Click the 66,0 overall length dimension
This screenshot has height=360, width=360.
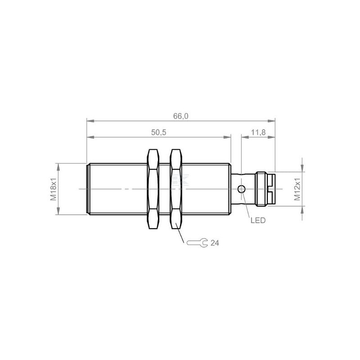tap(181, 116)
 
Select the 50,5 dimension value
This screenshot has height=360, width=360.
tap(159, 132)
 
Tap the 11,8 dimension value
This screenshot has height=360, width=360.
tap(258, 132)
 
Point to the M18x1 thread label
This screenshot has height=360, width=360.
tap(54, 189)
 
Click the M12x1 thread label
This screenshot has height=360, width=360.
tap(297, 189)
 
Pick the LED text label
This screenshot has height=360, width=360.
tap(258, 220)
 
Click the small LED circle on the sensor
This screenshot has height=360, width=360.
tap(242, 189)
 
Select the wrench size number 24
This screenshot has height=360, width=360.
tap(215, 243)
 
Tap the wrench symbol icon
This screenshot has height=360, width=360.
tap(197, 243)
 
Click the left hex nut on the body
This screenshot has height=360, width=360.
tap(153, 189)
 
